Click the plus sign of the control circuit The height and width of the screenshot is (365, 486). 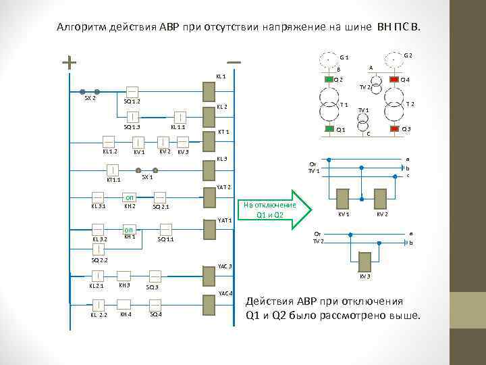pyautogui.click(x=69, y=62)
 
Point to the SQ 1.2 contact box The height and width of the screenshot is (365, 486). pyautogui.click(x=132, y=91)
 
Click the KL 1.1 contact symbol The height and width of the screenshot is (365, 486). pyautogui.click(x=180, y=116)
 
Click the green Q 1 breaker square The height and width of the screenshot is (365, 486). pyautogui.click(x=329, y=128)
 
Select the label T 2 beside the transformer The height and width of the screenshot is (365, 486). pyautogui.click(x=410, y=104)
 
